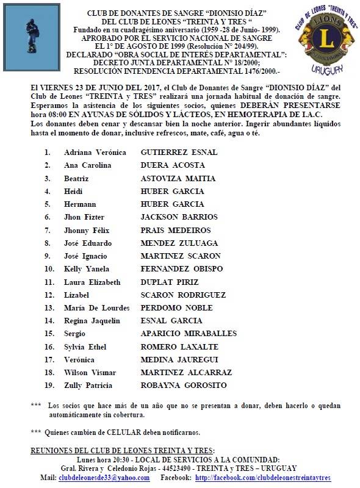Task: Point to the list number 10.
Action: tap(49, 268)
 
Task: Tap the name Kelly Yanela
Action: tap(88, 268)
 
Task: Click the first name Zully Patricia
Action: tap(88, 386)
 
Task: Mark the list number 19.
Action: tap(49, 386)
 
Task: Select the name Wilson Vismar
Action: tap(90, 373)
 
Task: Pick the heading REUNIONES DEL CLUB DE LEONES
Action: tap(122, 451)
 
